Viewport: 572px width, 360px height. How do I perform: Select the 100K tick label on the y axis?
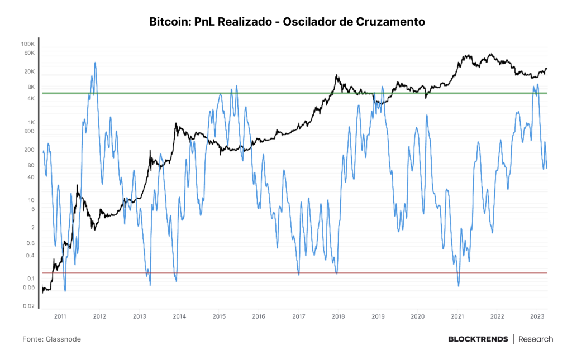coord(28,44)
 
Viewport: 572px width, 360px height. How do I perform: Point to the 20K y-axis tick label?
coord(29,71)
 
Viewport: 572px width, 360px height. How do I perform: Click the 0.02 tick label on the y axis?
coord(29,306)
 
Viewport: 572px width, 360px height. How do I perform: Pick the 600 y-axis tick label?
coord(29,131)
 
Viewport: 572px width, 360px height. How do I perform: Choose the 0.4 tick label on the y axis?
coord(30,256)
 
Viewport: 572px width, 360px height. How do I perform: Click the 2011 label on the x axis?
coord(60,316)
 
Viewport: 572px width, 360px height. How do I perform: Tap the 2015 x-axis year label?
coord(219,316)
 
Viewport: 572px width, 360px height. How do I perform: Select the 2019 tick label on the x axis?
coord(378,316)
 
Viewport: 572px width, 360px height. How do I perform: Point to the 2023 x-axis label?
coord(537,316)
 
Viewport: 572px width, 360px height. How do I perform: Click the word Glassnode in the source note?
coord(63,339)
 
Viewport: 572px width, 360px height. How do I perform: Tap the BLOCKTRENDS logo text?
coord(478,339)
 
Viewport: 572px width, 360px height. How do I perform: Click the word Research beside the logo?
coord(536,339)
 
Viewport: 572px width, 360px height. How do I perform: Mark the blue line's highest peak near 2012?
coord(95,63)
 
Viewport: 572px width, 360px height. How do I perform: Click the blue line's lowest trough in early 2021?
coord(459,286)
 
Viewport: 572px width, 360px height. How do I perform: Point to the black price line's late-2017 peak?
coord(336,75)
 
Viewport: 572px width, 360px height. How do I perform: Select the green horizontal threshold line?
coord(295,93)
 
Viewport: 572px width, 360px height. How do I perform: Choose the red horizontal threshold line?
coord(295,273)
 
